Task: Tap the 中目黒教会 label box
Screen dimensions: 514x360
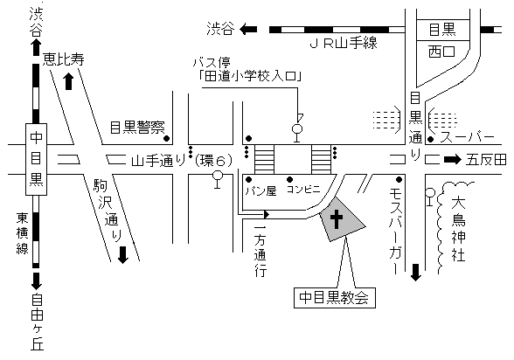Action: click(x=334, y=298)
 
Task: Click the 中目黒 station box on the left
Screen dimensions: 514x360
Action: click(x=36, y=159)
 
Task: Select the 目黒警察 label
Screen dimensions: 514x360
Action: click(x=137, y=127)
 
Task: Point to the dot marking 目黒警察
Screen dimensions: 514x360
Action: click(x=166, y=139)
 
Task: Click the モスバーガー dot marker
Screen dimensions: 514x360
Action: click(x=399, y=179)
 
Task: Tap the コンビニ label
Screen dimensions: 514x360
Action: click(x=303, y=190)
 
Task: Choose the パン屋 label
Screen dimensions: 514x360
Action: click(x=260, y=190)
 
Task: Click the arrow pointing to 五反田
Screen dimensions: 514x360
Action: click(x=453, y=160)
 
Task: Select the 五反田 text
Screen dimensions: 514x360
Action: click(x=486, y=160)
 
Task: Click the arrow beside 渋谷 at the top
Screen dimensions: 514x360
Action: click(x=248, y=30)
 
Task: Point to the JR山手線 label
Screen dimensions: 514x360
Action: click(x=344, y=44)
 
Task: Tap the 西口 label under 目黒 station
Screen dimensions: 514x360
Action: click(x=442, y=52)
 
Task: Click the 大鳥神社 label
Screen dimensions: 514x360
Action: click(x=458, y=229)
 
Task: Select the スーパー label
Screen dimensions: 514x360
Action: click(x=467, y=137)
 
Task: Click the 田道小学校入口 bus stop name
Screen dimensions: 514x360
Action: click(x=251, y=76)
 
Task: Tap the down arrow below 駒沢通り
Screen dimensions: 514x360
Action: click(x=123, y=255)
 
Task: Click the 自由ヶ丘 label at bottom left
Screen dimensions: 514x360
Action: click(x=37, y=322)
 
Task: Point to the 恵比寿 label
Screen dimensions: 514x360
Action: click(x=63, y=59)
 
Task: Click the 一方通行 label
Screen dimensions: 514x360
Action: click(x=260, y=251)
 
